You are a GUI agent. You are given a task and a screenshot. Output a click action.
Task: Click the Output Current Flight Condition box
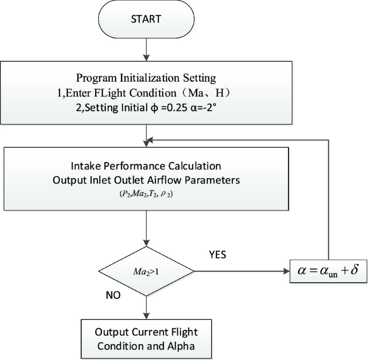coord(146,336)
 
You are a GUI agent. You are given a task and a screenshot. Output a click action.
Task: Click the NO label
coord(113,296)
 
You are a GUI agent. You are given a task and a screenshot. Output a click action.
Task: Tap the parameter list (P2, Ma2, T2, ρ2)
coord(146,195)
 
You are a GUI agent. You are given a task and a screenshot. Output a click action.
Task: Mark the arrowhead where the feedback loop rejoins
coord(150,140)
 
